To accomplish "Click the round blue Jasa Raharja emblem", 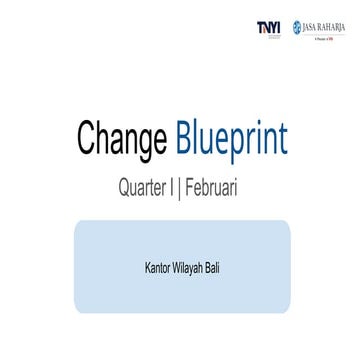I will coord(297,27).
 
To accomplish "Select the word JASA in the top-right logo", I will coord(311,27).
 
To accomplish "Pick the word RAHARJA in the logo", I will coord(333,27).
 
